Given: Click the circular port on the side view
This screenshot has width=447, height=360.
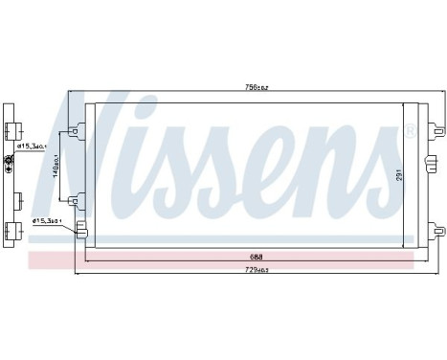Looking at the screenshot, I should click(x=11, y=163).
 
